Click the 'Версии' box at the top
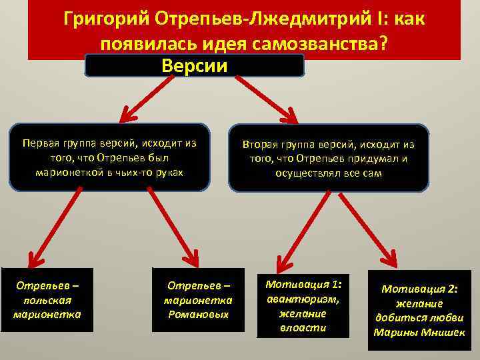(x=195, y=66)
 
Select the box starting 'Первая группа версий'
(x=109, y=157)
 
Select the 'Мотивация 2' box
(x=419, y=310)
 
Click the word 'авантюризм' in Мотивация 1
(x=303, y=299)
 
